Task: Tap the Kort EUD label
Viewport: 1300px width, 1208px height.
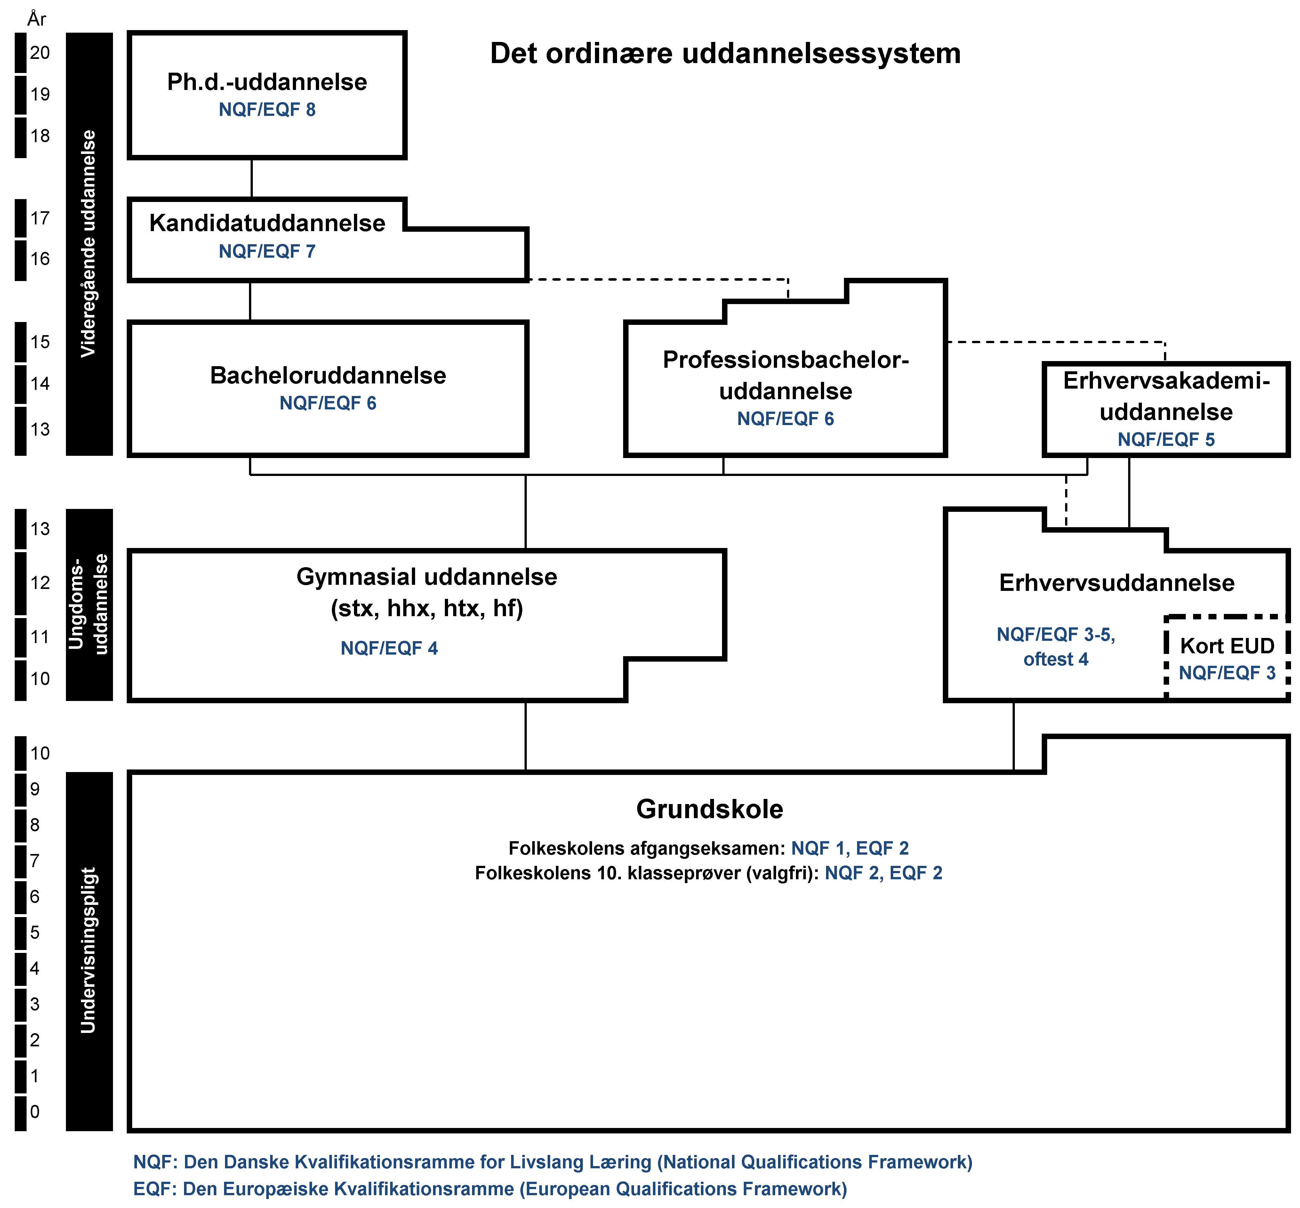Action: pos(1227,646)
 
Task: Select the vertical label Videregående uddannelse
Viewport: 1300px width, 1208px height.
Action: pos(88,243)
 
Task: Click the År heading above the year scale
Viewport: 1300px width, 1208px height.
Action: pos(36,19)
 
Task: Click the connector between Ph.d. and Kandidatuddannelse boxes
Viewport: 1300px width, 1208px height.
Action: pos(252,178)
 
